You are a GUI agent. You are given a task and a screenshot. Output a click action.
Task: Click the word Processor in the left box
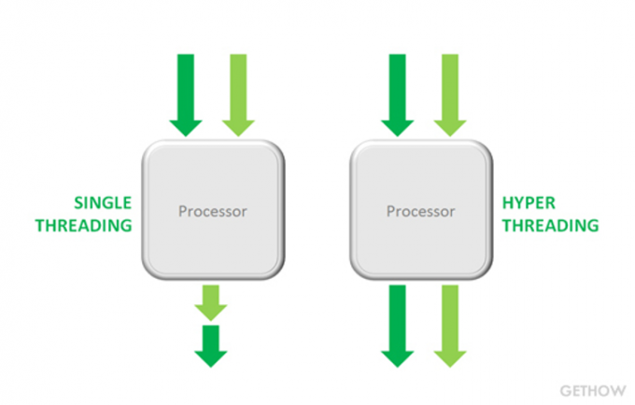coord(213,211)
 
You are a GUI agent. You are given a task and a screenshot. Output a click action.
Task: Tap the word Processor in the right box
coord(422,211)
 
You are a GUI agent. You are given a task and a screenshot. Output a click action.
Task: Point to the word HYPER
coord(529,202)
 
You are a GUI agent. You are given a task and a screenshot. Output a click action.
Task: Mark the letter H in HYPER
coord(508,202)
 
